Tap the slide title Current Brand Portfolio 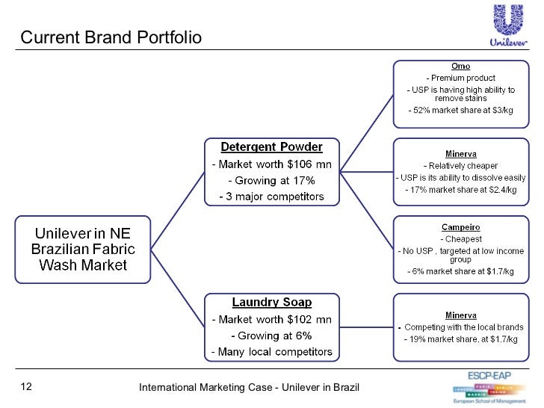point(111,37)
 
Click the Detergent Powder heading point(271,146)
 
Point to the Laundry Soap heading point(271,303)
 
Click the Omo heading point(460,67)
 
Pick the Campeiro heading point(460,226)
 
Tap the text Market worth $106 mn point(271,164)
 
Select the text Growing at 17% point(271,181)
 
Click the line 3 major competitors point(271,197)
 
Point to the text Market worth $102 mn point(271,320)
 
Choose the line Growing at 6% point(271,336)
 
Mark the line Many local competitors point(271,352)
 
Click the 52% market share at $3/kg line point(460,111)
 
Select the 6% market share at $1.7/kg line point(460,271)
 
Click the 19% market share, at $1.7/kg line point(460,339)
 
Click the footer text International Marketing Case point(250,387)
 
